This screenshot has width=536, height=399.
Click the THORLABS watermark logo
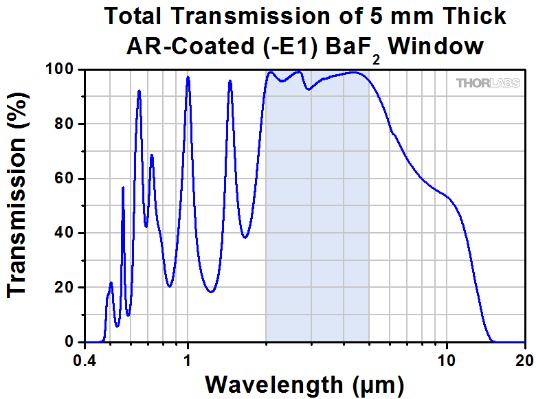tap(489, 83)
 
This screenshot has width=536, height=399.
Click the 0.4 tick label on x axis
tap(85, 359)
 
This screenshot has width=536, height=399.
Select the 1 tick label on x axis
tap(188, 359)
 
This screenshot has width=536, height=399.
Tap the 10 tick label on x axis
tap(447, 359)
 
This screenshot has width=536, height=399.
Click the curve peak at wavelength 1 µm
tap(188, 78)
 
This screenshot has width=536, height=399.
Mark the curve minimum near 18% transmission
tap(211, 292)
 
